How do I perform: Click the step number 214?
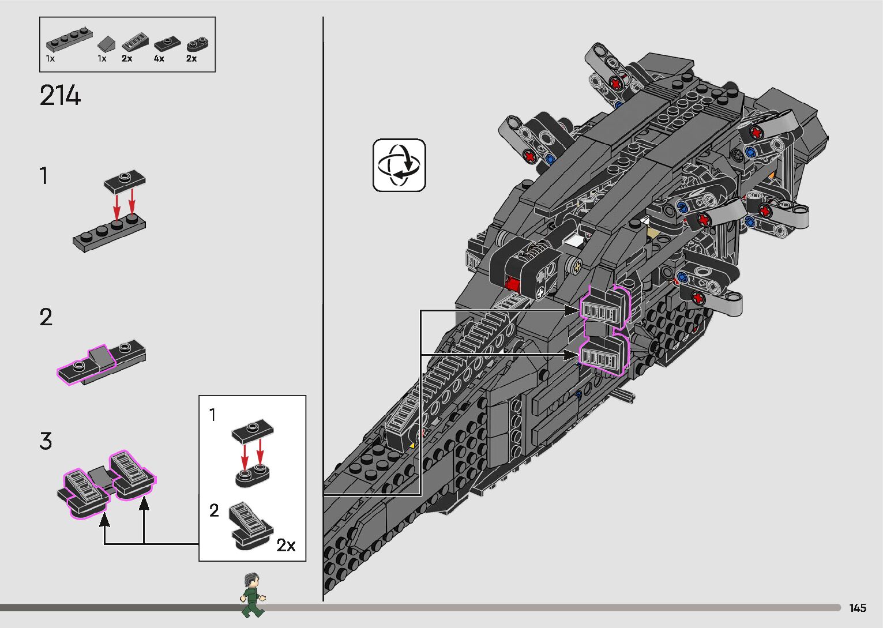[60, 96]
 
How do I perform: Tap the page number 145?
[857, 608]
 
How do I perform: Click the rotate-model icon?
[399, 165]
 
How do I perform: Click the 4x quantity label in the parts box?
[159, 59]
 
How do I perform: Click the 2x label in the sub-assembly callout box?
[285, 545]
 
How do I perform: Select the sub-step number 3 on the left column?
[46, 442]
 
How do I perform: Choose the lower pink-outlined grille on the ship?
[603, 355]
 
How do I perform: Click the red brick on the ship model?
[511, 283]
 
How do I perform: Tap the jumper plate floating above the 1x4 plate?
[125, 180]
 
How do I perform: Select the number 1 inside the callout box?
[213, 415]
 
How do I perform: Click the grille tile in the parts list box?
[135, 43]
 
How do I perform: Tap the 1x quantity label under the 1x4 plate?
[50, 59]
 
